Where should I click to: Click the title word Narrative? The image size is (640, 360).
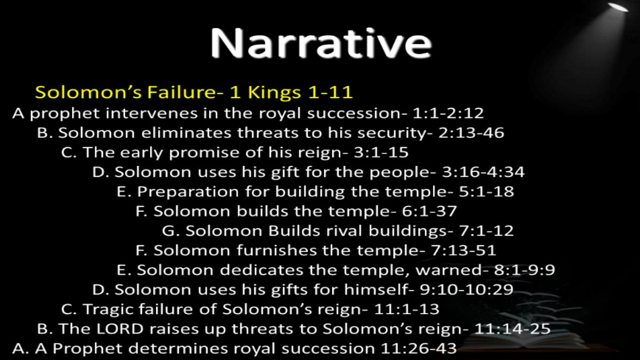pyautogui.click(x=321, y=43)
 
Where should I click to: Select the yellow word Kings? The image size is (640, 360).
pyautogui.click(x=274, y=92)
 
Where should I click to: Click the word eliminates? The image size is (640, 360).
pyautogui.click(x=186, y=133)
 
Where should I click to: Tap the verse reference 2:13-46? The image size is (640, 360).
pyautogui.click(x=471, y=133)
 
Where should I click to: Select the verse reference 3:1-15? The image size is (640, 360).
pyautogui.click(x=381, y=153)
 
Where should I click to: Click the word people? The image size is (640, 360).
pyautogui.click(x=403, y=172)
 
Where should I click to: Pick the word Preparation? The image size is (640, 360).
pyautogui.click(x=188, y=191)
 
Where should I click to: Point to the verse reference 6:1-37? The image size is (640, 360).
pyautogui.click(x=429, y=211)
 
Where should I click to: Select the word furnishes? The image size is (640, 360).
pyautogui.click(x=276, y=251)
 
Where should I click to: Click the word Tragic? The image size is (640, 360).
pyautogui.click(x=108, y=310)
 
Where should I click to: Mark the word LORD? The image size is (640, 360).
pyautogui.click(x=119, y=329)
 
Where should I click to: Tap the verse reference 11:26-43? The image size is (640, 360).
pyautogui.click(x=419, y=349)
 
